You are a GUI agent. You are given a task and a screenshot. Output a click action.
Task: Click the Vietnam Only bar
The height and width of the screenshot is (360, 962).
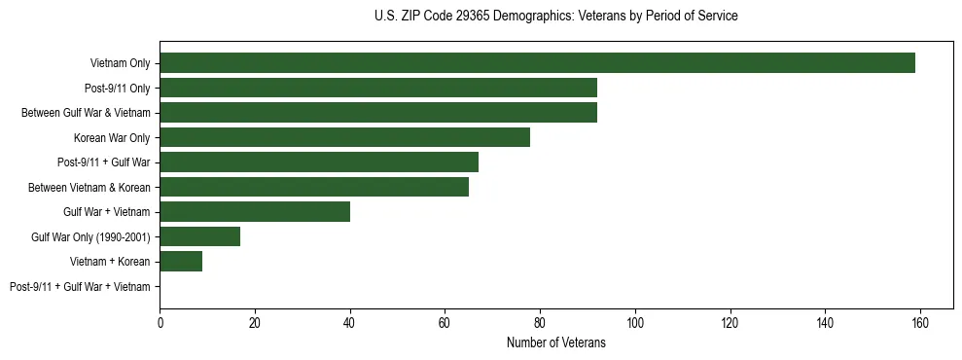[537, 63]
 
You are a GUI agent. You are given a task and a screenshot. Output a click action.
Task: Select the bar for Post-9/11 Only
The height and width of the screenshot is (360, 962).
[378, 88]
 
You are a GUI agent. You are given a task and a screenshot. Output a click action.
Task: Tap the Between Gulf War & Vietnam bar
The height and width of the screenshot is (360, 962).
[378, 113]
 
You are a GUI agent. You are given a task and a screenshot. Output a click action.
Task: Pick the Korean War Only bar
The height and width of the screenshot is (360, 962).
[345, 137]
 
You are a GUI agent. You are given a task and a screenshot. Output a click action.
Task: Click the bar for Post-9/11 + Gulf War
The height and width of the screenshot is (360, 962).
[319, 162]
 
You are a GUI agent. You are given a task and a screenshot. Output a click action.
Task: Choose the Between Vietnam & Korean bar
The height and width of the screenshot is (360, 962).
[314, 187]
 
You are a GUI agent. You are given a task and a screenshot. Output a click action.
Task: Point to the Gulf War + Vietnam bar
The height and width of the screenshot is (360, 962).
[255, 211]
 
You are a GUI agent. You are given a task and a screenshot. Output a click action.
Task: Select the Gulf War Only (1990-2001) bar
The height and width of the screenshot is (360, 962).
[200, 236]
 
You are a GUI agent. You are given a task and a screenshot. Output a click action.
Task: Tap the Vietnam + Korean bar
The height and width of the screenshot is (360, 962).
[181, 261]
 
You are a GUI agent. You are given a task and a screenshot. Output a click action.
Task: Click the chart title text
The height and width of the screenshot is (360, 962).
[555, 17]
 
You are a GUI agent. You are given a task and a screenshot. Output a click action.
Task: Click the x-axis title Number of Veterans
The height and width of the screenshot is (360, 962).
[555, 342]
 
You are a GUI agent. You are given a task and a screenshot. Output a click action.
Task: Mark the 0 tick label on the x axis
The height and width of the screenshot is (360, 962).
[160, 323]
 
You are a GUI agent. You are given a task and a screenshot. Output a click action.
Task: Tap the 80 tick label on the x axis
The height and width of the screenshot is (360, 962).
[540, 323]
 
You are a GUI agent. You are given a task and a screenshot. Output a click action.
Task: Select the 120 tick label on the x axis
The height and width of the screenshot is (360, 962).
[730, 323]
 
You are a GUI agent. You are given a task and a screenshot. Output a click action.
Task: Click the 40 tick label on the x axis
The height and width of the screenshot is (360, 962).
[350, 323]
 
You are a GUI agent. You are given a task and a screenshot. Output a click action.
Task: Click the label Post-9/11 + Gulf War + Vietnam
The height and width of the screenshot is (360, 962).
[80, 286]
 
